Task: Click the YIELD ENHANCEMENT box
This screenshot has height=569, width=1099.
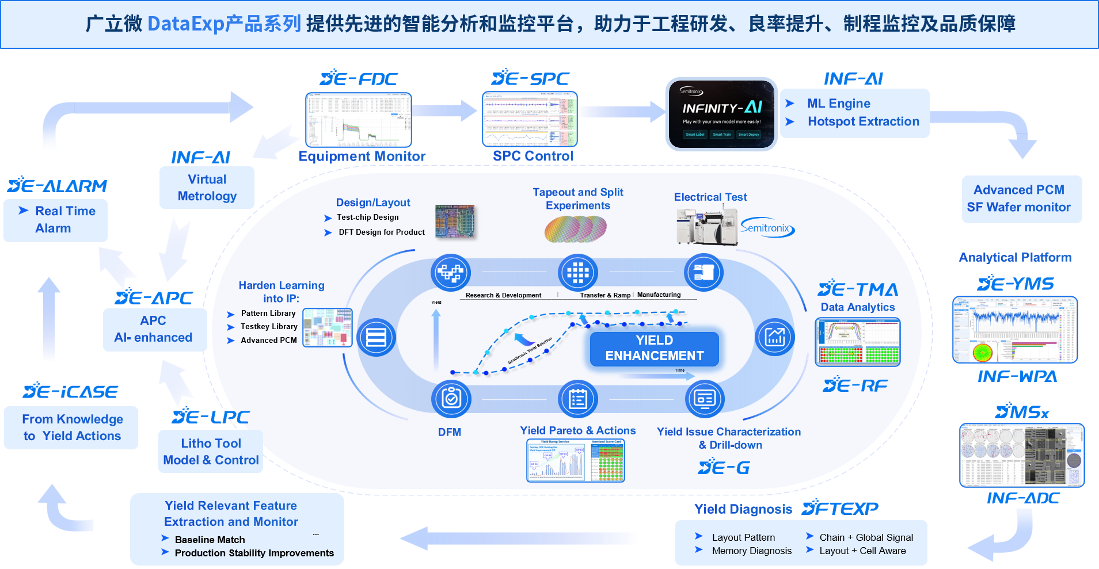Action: click(x=654, y=348)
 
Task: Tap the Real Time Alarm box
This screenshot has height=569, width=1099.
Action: click(x=55, y=220)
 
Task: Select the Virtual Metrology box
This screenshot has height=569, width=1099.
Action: click(x=207, y=188)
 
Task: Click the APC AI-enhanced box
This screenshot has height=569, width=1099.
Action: click(x=154, y=329)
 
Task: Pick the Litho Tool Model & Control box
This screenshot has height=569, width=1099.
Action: click(x=211, y=452)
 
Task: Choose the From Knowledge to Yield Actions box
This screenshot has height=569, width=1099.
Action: click(x=71, y=427)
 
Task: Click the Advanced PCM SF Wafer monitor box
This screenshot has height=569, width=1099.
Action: click(x=1021, y=198)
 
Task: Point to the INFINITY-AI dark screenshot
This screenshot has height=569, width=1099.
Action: click(x=721, y=114)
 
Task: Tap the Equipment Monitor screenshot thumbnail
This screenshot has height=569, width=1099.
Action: click(x=358, y=120)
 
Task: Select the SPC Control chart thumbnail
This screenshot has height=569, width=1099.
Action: click(x=529, y=119)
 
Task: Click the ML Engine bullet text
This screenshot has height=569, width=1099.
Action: click(x=838, y=104)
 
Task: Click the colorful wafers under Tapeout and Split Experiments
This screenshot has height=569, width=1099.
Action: click(x=575, y=228)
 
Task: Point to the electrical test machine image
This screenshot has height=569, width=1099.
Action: click(x=706, y=226)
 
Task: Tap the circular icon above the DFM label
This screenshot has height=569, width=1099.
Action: click(x=451, y=398)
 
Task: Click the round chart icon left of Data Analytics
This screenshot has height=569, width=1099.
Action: click(x=775, y=337)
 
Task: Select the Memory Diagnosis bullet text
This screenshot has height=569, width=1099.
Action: click(x=751, y=551)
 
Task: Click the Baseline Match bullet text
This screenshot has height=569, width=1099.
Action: click(x=210, y=540)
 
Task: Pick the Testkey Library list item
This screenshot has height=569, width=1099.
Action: click(x=269, y=326)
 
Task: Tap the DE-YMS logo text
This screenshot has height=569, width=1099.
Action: click(x=1016, y=284)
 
